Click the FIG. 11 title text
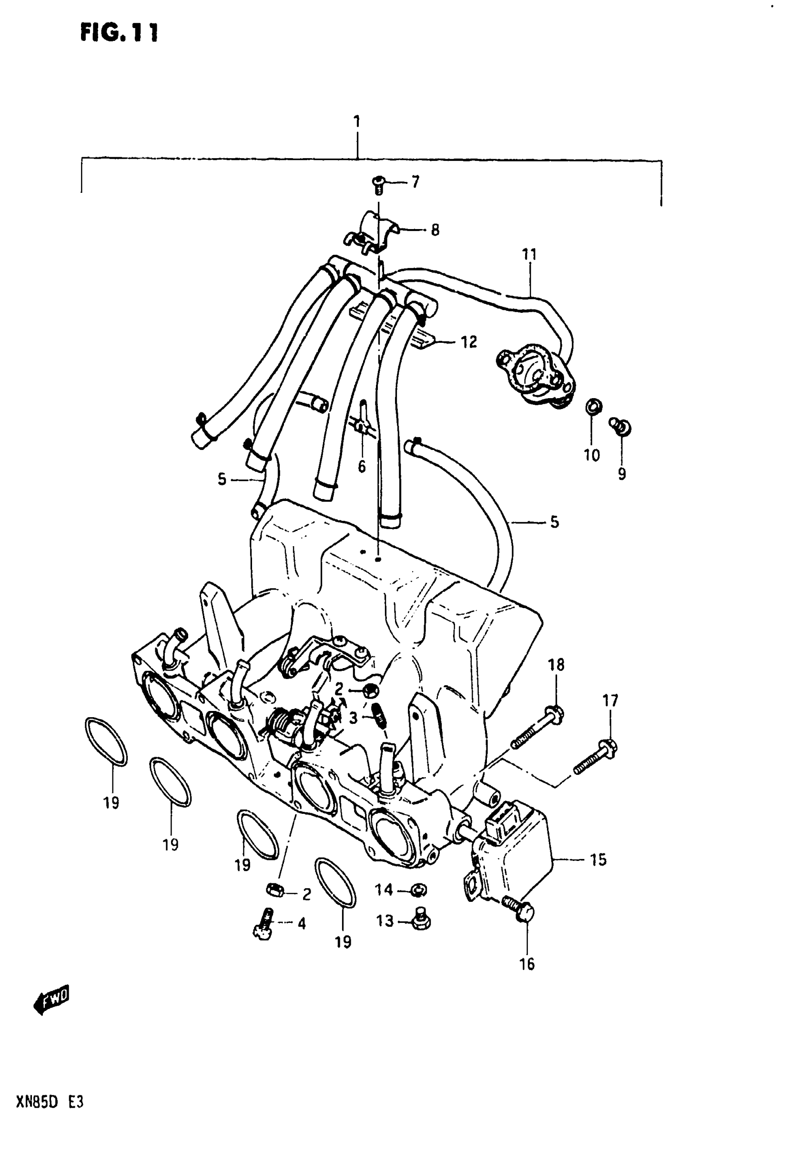point(119,33)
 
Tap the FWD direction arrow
point(51,999)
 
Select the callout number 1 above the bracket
point(357,122)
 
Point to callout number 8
point(435,230)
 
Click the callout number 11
point(529,254)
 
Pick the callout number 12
point(469,342)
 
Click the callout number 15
point(598,860)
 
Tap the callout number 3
point(354,718)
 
